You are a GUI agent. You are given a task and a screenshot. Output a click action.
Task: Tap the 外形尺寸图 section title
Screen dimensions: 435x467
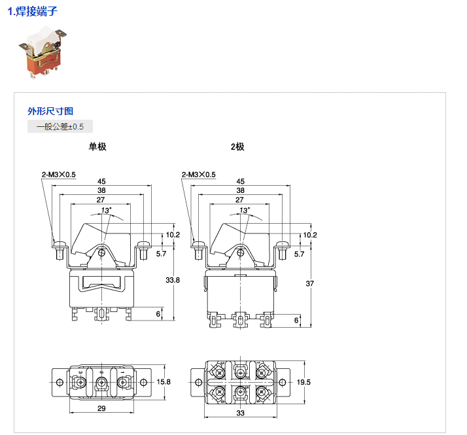(50, 111)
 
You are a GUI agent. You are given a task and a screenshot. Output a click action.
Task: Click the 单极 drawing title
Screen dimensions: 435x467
(97, 147)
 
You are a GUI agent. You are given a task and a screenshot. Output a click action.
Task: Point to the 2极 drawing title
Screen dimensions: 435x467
(237, 147)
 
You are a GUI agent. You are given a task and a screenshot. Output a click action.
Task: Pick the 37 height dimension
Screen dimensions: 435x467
(311, 283)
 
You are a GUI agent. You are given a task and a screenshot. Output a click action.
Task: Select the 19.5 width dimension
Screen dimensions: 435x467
(304, 381)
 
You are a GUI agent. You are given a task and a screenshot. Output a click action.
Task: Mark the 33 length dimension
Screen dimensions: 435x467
(240, 413)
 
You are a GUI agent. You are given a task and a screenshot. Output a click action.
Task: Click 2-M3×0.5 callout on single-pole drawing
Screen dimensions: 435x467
(59, 175)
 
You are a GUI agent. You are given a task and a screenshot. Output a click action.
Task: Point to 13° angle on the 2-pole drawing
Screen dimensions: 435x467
(245, 211)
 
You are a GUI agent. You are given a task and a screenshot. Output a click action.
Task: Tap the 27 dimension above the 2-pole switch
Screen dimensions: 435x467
(240, 200)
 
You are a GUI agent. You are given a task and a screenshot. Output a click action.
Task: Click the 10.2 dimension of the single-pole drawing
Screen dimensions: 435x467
(172, 234)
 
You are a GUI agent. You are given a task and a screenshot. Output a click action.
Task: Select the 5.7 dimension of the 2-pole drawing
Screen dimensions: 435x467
(300, 253)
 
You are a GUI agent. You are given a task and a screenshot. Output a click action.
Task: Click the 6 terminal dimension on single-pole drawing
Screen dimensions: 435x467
(158, 314)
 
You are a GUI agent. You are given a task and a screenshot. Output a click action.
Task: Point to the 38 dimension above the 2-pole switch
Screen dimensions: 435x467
(240, 190)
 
